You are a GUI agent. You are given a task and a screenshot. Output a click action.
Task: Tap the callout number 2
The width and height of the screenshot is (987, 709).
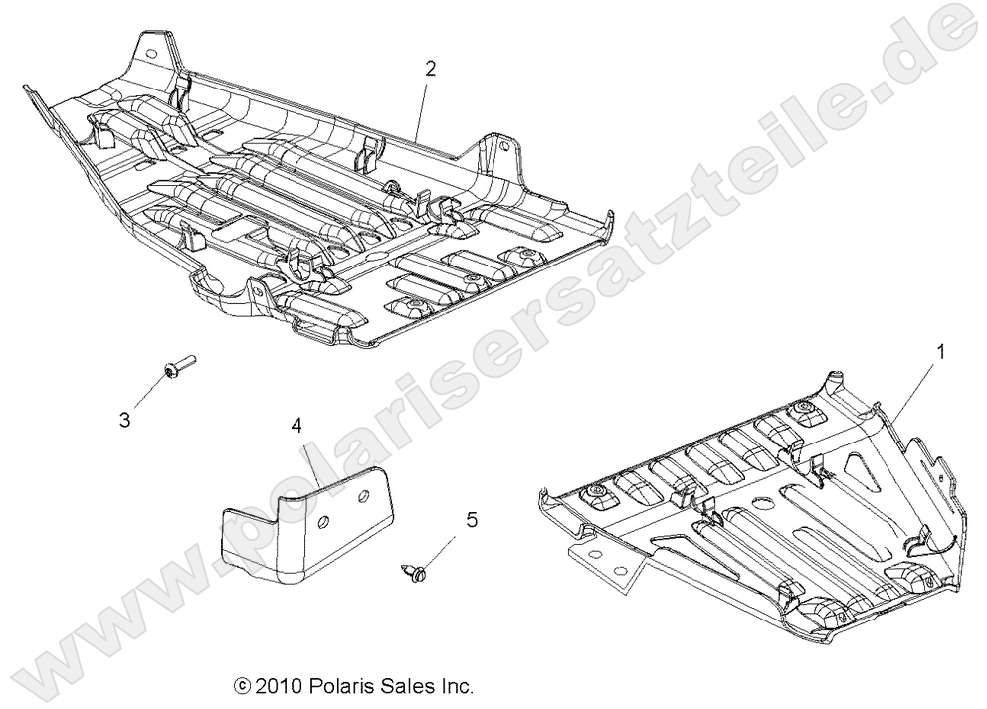pyautogui.click(x=430, y=69)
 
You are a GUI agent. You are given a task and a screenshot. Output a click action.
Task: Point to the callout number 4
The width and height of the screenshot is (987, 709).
pyautogui.click(x=296, y=426)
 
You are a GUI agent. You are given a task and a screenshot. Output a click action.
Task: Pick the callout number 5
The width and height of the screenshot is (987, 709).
pyautogui.click(x=472, y=519)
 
